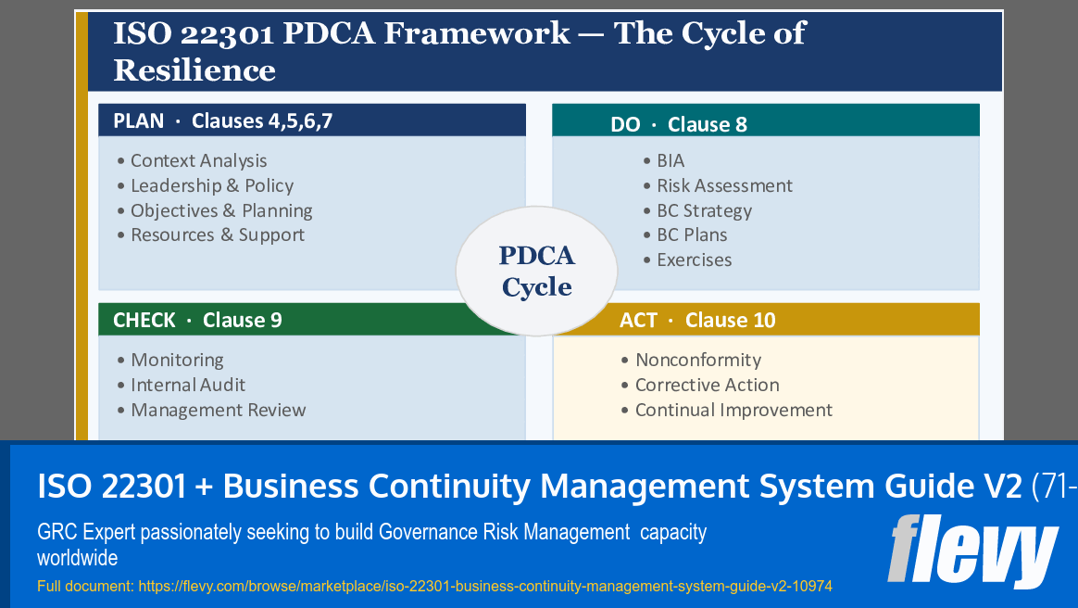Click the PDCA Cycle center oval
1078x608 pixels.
(536, 270)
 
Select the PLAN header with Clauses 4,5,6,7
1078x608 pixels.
(222, 120)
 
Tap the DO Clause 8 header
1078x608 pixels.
(678, 124)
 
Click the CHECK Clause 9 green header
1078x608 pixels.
(197, 320)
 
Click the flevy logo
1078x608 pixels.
(971, 551)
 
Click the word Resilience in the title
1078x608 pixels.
(194, 70)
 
